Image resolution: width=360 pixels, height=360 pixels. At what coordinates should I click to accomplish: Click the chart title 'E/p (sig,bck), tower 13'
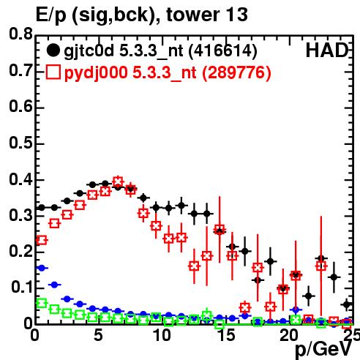click(x=141, y=15)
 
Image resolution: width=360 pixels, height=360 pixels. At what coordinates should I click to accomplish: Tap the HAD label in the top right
click(x=327, y=50)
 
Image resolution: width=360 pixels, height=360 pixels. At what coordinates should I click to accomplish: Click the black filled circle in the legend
click(x=53, y=50)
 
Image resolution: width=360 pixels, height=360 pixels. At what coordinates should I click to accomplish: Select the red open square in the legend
click(x=53, y=72)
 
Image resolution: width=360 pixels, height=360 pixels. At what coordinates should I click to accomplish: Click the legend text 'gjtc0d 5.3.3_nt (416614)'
click(x=160, y=51)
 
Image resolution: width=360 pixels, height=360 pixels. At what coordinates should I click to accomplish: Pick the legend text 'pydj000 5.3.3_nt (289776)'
click(x=168, y=73)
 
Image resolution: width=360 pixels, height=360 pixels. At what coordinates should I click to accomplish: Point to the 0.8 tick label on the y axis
click(x=20, y=34)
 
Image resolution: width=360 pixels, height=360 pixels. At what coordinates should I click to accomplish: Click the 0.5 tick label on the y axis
click(x=20, y=143)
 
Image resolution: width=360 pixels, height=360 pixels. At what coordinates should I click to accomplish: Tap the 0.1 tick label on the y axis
click(x=22, y=287)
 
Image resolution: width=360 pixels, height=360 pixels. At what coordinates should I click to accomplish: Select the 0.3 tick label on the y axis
click(x=20, y=215)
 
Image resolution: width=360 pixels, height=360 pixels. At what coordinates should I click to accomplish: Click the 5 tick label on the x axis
click(x=98, y=335)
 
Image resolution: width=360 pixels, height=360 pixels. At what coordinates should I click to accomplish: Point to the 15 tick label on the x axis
click(x=226, y=335)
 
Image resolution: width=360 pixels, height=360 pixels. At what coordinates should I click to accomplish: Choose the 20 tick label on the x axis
click(x=289, y=335)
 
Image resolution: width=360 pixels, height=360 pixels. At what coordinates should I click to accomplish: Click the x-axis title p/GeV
click(x=323, y=350)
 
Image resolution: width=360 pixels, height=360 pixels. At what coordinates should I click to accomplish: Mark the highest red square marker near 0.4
click(x=118, y=181)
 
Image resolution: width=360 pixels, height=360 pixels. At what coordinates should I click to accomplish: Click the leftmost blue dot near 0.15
click(x=42, y=268)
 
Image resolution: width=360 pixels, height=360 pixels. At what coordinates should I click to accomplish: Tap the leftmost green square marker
click(x=42, y=304)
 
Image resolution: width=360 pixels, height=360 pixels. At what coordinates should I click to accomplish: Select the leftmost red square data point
click(x=42, y=240)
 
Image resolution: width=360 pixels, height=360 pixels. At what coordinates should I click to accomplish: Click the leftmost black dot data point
click(x=42, y=208)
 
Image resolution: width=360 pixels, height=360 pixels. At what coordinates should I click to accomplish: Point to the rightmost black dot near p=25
click(x=347, y=304)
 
